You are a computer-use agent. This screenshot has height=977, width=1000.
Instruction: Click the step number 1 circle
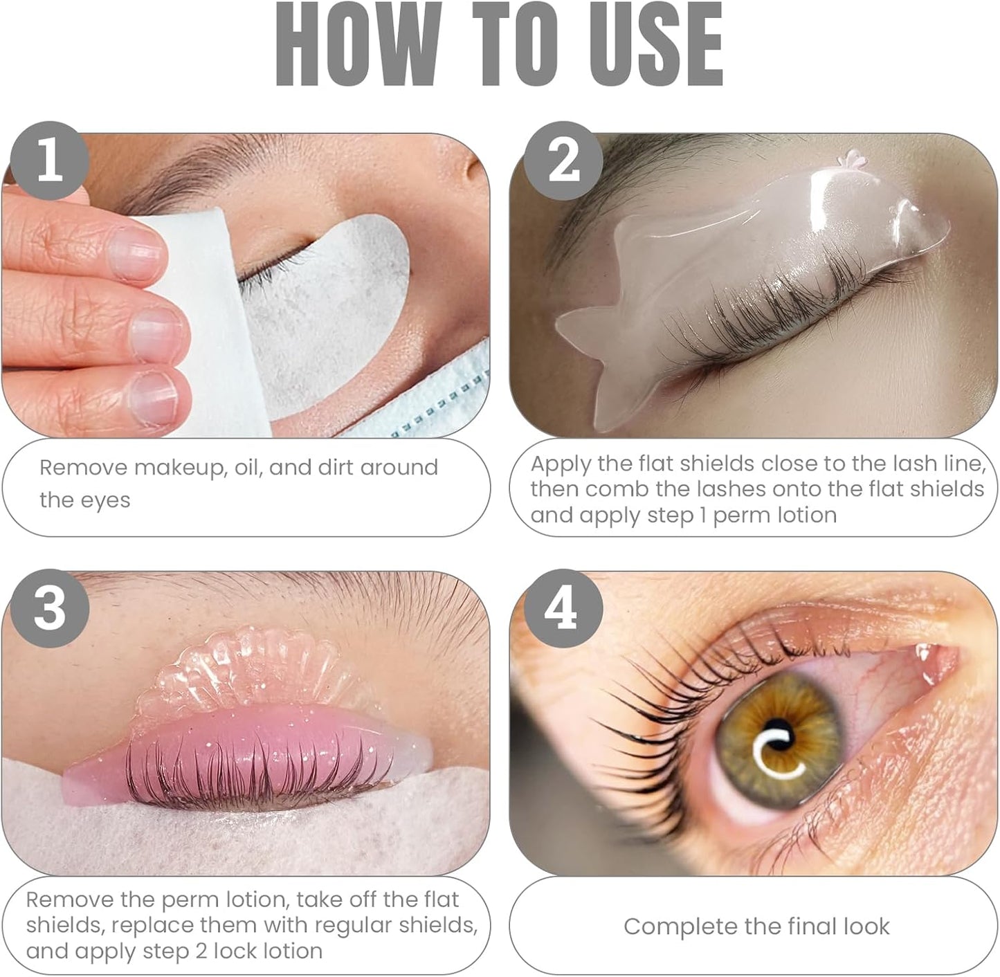pyautogui.click(x=50, y=161)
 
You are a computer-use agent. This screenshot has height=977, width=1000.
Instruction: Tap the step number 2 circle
pyautogui.click(x=563, y=161)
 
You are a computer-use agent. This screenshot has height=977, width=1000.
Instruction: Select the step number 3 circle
pyautogui.click(x=50, y=608)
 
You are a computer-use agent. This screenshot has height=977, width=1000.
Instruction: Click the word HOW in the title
pyautogui.click(x=358, y=45)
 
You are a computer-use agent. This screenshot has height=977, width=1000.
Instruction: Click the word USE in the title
pyautogui.click(x=655, y=45)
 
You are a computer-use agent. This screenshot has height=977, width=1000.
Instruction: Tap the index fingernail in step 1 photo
pyautogui.click(x=136, y=254)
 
